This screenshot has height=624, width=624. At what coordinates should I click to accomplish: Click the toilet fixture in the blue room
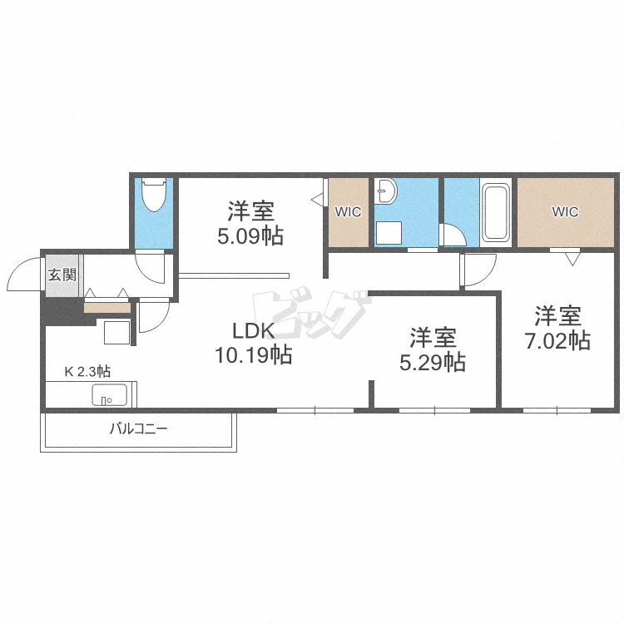(x=154, y=195)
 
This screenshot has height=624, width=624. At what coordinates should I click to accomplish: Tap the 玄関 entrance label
(x=62, y=275)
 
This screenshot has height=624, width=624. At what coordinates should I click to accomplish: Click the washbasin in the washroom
(x=385, y=191)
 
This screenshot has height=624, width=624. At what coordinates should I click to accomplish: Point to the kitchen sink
(x=110, y=394)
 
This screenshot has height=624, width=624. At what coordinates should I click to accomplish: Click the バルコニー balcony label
(x=139, y=428)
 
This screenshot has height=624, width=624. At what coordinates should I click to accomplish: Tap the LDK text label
(x=254, y=330)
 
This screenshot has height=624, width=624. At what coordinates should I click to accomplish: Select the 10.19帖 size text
(x=254, y=354)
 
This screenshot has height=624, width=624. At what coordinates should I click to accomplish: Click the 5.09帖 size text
(x=250, y=236)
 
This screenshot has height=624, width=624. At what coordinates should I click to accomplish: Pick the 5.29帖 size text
(x=433, y=362)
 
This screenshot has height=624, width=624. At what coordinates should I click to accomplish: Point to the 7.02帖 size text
(x=557, y=340)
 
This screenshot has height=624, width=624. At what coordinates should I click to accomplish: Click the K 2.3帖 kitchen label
(x=87, y=372)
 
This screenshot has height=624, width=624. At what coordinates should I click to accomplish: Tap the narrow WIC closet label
(x=349, y=212)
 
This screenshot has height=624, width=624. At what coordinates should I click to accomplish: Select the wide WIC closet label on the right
(x=565, y=211)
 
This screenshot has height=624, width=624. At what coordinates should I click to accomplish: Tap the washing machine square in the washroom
(x=389, y=232)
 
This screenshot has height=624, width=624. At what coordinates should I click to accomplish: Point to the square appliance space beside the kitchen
(x=117, y=332)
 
